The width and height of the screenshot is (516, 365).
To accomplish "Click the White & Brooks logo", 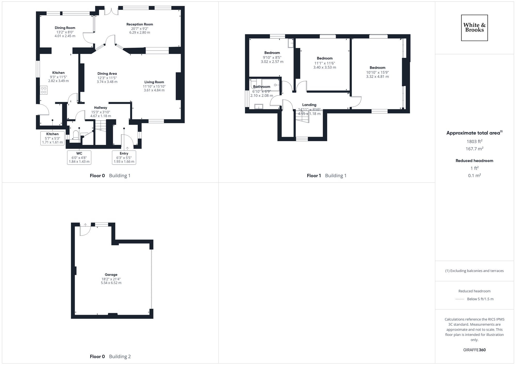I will coord(474,28).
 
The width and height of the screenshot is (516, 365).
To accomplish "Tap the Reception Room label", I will coord(140,24).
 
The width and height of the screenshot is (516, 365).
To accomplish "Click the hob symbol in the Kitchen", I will coord(44,90).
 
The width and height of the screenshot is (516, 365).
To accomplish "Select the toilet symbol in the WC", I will coord(76,135).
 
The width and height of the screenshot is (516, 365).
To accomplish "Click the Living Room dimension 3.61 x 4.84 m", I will coord(154,90).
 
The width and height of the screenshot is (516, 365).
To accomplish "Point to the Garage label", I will coord(111,275).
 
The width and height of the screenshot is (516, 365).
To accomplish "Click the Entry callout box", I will coord(124,157).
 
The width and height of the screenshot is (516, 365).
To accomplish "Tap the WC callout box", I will coord(79,157).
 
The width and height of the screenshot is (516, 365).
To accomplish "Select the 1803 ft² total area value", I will coord(474,141).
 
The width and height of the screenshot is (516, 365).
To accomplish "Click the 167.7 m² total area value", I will coord(474,149).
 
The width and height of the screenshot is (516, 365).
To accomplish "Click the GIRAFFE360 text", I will coord(474,350).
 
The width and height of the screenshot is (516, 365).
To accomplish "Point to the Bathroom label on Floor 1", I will coord(262,87).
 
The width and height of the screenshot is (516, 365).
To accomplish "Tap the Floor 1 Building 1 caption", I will coord(326,176).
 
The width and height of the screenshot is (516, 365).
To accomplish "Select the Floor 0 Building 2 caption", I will coord(110,356).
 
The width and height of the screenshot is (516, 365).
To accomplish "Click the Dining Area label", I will coord(107,74).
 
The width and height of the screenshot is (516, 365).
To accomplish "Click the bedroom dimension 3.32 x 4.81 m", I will coord(377,77).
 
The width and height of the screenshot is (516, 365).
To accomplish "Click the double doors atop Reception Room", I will coord(111,11).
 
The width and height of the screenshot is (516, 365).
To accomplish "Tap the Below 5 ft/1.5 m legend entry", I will coord(480,299).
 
